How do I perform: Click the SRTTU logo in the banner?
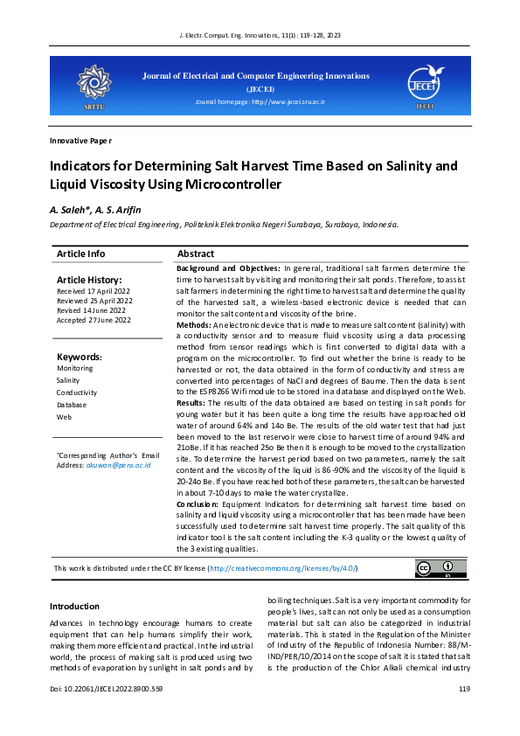[93, 85]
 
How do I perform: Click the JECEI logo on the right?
[425, 85]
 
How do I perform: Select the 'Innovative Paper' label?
[80, 140]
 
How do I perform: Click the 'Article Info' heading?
[80, 253]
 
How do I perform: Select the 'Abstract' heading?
[196, 253]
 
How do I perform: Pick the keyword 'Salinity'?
[68, 380]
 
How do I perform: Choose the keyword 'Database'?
[71, 405]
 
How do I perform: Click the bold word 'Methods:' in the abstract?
[194, 324]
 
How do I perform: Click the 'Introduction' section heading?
[74, 607]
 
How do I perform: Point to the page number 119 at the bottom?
[464, 714]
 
